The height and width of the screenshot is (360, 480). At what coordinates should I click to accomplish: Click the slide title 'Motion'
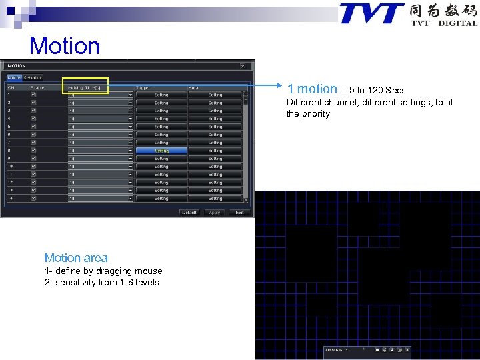65,46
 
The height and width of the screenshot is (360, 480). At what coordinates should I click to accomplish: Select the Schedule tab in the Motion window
33,77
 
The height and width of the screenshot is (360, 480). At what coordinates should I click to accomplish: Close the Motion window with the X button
243,66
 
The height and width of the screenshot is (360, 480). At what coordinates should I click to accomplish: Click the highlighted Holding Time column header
85,87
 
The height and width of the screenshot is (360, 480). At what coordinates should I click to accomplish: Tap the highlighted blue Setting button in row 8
161,151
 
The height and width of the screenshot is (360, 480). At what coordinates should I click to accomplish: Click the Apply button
214,212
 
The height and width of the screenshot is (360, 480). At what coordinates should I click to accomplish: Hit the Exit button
239,212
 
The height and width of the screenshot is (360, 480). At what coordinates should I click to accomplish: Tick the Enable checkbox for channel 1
33,95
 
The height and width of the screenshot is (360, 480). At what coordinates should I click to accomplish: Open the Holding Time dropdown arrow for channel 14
131,199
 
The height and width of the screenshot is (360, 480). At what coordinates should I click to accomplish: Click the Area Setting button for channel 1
215,95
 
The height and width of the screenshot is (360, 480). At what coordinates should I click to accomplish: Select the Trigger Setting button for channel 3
161,111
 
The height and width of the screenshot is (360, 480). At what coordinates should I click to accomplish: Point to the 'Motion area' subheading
76,258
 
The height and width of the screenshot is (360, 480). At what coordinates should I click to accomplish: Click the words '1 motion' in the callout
312,89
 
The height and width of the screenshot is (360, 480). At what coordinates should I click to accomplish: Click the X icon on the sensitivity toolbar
407,349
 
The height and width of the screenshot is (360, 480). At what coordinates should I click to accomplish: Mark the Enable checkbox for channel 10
33,167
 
